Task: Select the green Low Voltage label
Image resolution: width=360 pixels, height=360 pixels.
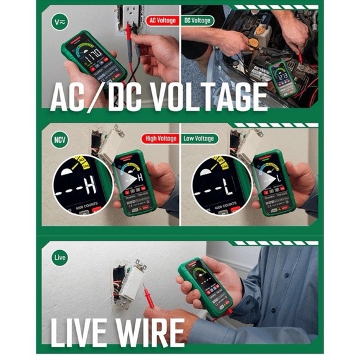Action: pyautogui.click(x=199, y=138)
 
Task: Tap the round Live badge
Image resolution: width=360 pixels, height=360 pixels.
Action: pyautogui.click(x=60, y=256)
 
